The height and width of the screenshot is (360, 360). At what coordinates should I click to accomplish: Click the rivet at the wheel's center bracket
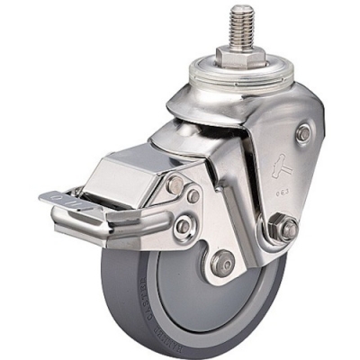(221, 265)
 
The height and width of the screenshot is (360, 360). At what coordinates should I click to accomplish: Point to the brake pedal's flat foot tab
(63, 197)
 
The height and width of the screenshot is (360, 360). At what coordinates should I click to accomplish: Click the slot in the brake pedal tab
(56, 197)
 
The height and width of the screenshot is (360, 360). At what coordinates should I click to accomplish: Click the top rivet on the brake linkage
(175, 185)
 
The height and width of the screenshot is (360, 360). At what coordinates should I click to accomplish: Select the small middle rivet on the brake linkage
(193, 196)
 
